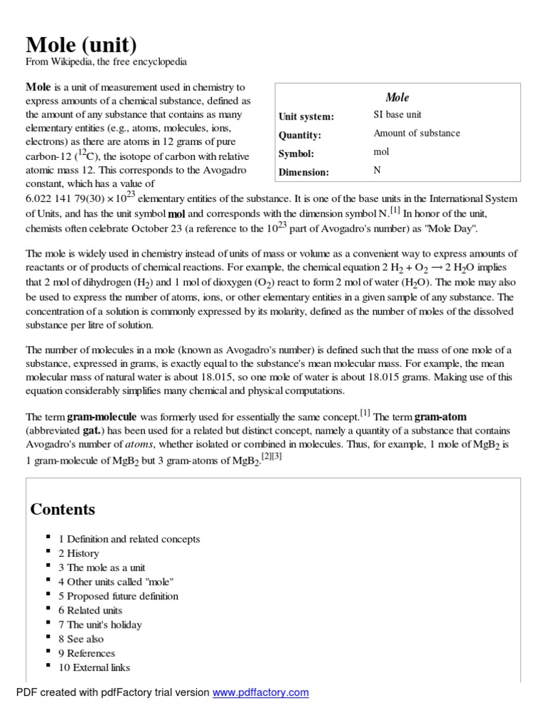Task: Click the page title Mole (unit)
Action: click(81, 45)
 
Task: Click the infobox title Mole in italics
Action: click(397, 97)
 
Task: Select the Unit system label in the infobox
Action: click(306, 117)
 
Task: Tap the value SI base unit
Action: click(397, 114)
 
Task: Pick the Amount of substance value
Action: click(417, 133)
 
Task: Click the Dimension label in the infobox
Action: click(304, 172)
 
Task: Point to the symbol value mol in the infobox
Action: click(382, 151)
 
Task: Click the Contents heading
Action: click(63, 510)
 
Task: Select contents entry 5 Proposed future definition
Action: click(118, 596)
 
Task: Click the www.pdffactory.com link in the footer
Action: click(261, 692)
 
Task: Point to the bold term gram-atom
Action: click(440, 417)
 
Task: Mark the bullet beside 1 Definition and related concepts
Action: click(47, 538)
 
